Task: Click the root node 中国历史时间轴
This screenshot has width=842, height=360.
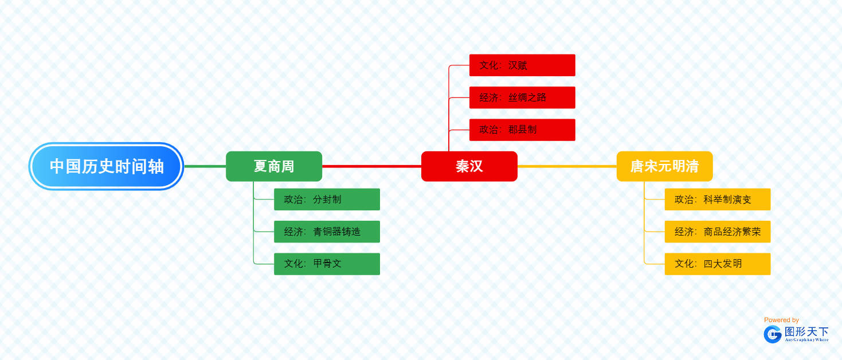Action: coord(106,166)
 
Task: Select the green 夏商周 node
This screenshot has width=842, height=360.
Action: coord(274,166)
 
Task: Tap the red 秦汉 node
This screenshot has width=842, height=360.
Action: coord(469,166)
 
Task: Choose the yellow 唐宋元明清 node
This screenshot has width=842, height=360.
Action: coord(664,166)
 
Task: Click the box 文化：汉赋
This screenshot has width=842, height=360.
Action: coord(522,65)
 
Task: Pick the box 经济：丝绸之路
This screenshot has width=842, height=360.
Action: coord(522,97)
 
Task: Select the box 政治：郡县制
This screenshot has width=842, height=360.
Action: coord(522,130)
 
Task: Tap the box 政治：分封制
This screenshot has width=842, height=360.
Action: coord(327,199)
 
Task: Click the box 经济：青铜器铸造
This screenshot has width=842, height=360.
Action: coord(327,232)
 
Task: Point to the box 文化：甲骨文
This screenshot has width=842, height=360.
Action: coord(327,264)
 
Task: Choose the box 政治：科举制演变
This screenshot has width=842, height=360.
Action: coord(718,199)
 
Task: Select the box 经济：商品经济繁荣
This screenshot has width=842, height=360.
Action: coord(718,232)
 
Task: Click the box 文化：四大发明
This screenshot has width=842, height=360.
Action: coord(718,264)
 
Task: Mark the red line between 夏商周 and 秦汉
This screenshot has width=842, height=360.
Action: coord(371,166)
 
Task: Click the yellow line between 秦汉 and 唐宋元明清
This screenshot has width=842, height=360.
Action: coord(567,166)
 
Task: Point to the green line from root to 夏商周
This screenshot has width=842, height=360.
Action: coord(205,166)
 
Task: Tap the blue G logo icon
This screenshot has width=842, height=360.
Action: coord(773,334)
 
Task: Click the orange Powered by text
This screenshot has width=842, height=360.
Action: coord(781,320)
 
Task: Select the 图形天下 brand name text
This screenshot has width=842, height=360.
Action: coord(806,331)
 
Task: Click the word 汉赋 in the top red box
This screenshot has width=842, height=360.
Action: coord(518,65)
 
